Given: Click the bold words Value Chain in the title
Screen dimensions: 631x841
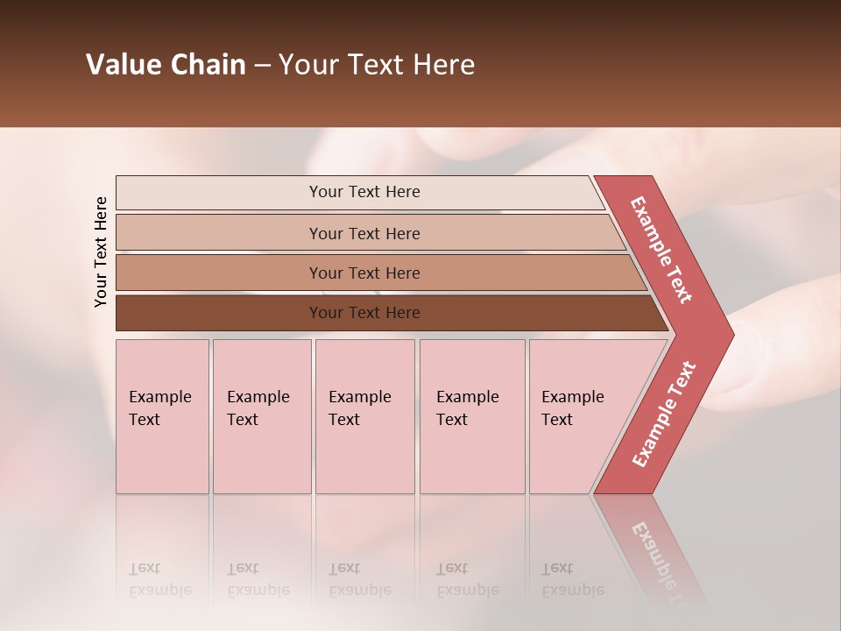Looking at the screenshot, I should pyautogui.click(x=166, y=65).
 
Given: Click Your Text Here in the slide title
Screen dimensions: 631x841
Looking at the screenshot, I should pyautogui.click(x=377, y=65).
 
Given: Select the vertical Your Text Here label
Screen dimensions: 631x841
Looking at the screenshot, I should pyautogui.click(x=101, y=252).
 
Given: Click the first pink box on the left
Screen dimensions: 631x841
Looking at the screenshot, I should pyautogui.click(x=162, y=456).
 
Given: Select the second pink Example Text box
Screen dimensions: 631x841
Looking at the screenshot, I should pyautogui.click(x=262, y=456).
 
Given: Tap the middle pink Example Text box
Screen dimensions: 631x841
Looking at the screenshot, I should pyautogui.click(x=364, y=456).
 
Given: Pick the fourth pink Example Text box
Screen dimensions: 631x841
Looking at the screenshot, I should pyautogui.click(x=472, y=456).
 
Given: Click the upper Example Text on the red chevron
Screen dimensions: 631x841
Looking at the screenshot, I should pyautogui.click(x=661, y=250).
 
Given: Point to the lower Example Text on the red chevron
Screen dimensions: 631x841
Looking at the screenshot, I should pyautogui.click(x=664, y=414).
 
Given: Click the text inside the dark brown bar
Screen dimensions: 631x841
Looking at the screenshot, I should pyautogui.click(x=364, y=313).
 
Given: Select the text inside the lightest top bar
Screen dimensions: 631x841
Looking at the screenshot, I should pyautogui.click(x=364, y=192).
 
